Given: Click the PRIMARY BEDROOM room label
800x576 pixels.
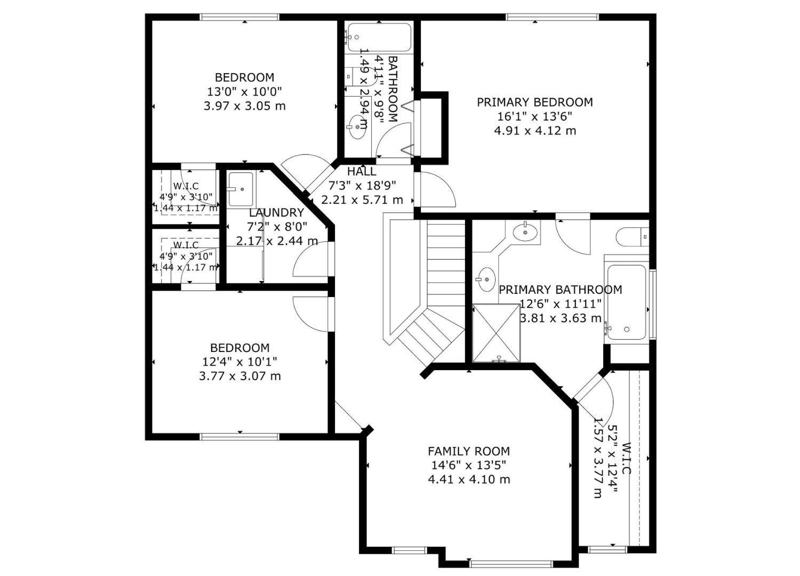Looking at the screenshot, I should [x=534, y=102].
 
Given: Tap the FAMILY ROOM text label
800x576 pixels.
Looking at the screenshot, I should [x=469, y=451].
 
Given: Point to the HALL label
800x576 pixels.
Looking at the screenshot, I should [x=362, y=172].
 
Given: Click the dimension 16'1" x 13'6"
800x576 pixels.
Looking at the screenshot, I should [x=534, y=116].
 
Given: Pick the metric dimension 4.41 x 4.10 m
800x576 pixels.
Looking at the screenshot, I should [x=469, y=479].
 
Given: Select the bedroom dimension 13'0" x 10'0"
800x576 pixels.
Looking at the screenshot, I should [x=245, y=92].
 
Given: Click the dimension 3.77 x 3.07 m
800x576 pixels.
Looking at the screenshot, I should [x=239, y=376].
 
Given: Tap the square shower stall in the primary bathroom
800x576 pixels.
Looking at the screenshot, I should [x=496, y=333].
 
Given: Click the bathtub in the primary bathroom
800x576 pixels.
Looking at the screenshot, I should [x=626, y=302].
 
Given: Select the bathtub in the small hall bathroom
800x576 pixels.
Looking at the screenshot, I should [x=378, y=37].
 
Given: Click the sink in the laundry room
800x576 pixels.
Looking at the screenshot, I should [x=241, y=189].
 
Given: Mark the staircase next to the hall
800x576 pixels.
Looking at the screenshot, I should [x=427, y=283].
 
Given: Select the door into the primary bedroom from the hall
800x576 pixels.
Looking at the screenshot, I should [x=435, y=190].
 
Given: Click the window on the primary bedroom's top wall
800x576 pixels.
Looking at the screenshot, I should [x=552, y=17].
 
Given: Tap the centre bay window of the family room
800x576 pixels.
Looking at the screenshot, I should [x=511, y=563].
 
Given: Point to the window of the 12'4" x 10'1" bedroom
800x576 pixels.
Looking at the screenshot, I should [x=239, y=436].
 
